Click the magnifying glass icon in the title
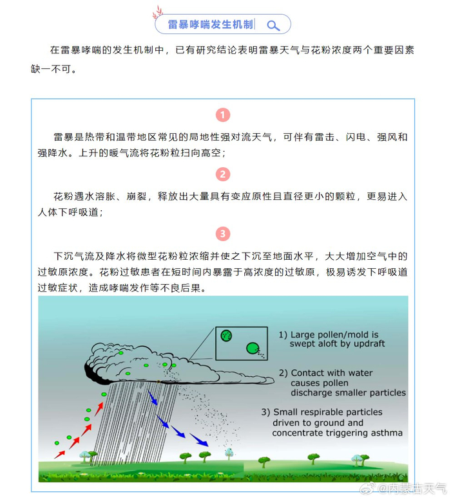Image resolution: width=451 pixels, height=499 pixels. coord(273,25)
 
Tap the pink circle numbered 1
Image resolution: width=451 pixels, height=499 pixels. coord(222,115)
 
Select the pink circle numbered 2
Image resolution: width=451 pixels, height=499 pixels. coord(222,174)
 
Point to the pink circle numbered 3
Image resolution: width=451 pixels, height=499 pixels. coord(222,233)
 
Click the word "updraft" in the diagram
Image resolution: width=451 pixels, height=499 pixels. coord(367,344)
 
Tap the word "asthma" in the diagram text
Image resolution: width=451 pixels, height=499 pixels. coord(385,433)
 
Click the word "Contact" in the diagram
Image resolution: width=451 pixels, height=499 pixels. coord(309,373)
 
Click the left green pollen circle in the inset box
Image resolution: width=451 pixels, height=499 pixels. coord(226,335)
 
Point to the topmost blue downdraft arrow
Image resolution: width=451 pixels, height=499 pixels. coord(153,399)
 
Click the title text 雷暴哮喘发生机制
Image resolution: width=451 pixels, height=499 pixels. coord(211,25)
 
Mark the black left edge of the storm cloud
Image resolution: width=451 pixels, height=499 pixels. coord(88,370)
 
